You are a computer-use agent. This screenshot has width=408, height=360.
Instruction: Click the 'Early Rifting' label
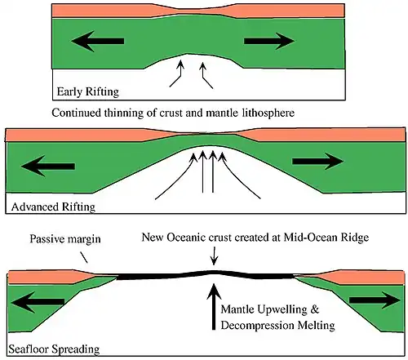[88, 91]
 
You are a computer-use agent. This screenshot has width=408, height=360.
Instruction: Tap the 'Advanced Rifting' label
[53, 207]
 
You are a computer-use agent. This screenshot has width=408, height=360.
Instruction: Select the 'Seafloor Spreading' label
[54, 349]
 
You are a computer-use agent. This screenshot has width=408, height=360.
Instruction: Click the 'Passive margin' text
[65, 239]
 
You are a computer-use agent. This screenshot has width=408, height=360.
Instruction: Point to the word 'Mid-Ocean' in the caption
[308, 238]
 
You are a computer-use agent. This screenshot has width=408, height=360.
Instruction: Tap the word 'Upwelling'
[281, 310]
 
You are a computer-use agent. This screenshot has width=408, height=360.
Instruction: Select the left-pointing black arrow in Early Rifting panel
[98, 41]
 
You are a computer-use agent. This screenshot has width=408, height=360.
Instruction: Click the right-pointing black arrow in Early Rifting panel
[269, 41]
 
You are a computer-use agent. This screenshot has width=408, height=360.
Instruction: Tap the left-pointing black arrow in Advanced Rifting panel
[48, 166]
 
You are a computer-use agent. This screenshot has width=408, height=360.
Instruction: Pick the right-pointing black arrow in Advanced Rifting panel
[317, 161]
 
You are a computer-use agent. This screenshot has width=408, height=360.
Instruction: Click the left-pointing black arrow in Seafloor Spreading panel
[38, 301]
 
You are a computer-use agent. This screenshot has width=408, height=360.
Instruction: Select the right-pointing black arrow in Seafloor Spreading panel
[375, 300]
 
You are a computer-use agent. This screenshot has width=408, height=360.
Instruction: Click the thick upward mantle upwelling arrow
[214, 307]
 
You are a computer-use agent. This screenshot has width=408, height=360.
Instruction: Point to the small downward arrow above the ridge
[214, 256]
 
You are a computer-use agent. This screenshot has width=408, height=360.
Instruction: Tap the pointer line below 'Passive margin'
[84, 257]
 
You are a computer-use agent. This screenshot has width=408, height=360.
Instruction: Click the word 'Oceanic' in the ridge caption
[186, 238]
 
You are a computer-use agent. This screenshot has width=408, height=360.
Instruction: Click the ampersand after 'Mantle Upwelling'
[314, 309]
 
